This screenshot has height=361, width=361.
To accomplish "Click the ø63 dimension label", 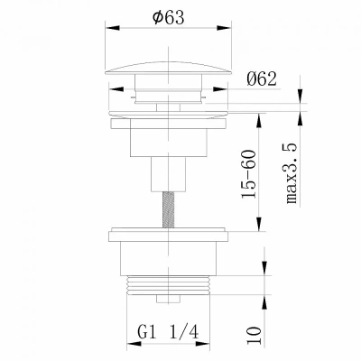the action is [168, 17].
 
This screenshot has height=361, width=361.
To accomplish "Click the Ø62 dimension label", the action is [261, 79].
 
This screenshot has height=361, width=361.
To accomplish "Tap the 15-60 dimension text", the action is [249, 174].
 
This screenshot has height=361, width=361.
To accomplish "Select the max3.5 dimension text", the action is [292, 174].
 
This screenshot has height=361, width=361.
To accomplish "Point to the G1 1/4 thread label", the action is [169, 333].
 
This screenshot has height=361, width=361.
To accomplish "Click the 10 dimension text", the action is [254, 336].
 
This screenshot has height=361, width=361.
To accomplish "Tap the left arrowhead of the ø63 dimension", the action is [113, 28].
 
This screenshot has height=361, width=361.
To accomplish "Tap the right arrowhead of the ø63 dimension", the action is [224, 28].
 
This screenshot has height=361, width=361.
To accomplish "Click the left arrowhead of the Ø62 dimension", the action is [116, 89].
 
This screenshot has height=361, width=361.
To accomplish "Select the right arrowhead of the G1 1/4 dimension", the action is [202, 344].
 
